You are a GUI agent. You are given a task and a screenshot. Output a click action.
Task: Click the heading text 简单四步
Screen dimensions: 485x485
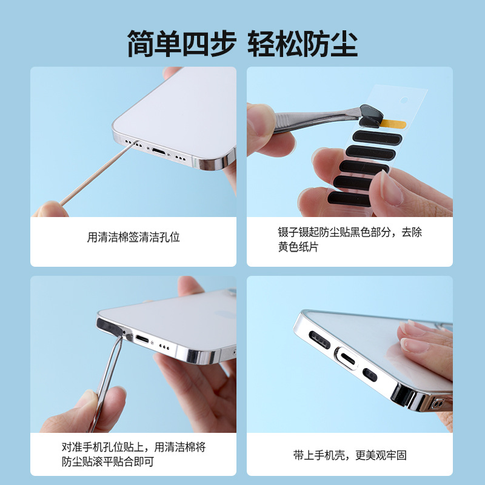pos(182,43)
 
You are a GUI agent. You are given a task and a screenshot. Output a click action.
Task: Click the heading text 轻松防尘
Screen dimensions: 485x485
pos(303,43)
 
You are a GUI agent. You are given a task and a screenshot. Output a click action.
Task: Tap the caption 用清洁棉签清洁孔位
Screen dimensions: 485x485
pos(133,237)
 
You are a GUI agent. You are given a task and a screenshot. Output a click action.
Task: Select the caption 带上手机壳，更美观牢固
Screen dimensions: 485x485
pos(350,455)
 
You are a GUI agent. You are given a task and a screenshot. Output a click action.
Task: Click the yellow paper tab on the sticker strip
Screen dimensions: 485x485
pos(393,124)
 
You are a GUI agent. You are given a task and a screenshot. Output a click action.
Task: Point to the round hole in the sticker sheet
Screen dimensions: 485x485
pos(404,100)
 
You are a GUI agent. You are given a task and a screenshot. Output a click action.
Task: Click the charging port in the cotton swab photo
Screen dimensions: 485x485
pos(160,152)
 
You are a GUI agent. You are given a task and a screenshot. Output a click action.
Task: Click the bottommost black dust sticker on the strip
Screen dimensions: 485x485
pos(349,199)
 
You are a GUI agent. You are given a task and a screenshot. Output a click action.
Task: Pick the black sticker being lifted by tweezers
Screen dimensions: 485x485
pos(370,116)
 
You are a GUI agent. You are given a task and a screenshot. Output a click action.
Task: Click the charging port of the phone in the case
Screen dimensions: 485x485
pos(348,360)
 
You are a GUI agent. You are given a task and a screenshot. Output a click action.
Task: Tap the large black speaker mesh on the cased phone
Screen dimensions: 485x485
pos(319,339)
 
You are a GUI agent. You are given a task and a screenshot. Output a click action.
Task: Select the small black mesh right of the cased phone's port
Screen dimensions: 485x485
pos(370,375)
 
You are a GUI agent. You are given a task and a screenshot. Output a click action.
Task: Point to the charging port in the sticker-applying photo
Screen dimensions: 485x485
pos(142,339)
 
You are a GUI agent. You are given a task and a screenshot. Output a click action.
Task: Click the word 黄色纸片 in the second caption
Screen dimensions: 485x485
pos(298,247)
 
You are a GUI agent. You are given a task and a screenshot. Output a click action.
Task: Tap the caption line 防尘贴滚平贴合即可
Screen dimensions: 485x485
pos(108,461)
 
